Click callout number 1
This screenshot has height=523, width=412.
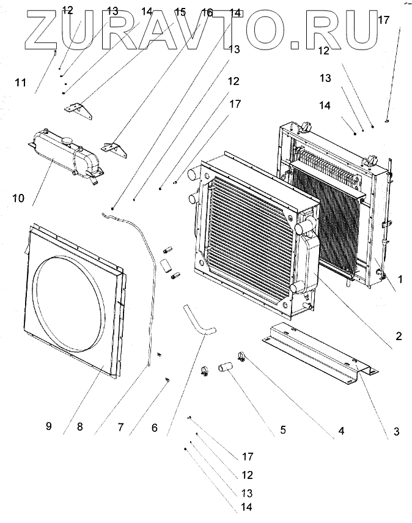[400, 279]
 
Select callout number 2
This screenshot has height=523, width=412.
[398, 335]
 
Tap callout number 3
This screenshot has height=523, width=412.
[396, 432]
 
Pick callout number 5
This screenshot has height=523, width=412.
[283, 429]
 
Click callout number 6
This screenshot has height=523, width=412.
[155, 428]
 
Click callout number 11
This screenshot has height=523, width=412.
[21, 82]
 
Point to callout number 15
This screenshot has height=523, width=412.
[180, 12]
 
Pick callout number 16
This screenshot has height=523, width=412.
[207, 12]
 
